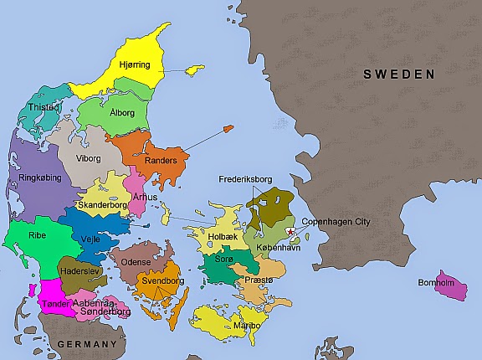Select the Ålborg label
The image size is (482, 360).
(123, 112)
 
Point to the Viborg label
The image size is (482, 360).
(88, 157)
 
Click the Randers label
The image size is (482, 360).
(161, 160)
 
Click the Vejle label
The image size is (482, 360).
(91, 238)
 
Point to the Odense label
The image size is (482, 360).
(136, 261)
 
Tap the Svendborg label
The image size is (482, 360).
(163, 281)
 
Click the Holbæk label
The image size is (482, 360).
(222, 237)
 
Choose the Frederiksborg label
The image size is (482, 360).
(247, 179)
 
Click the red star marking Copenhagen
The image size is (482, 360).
(290, 232)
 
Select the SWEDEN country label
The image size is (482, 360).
(398, 75)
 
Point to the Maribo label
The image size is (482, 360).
(245, 324)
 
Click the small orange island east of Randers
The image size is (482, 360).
(226, 128)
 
